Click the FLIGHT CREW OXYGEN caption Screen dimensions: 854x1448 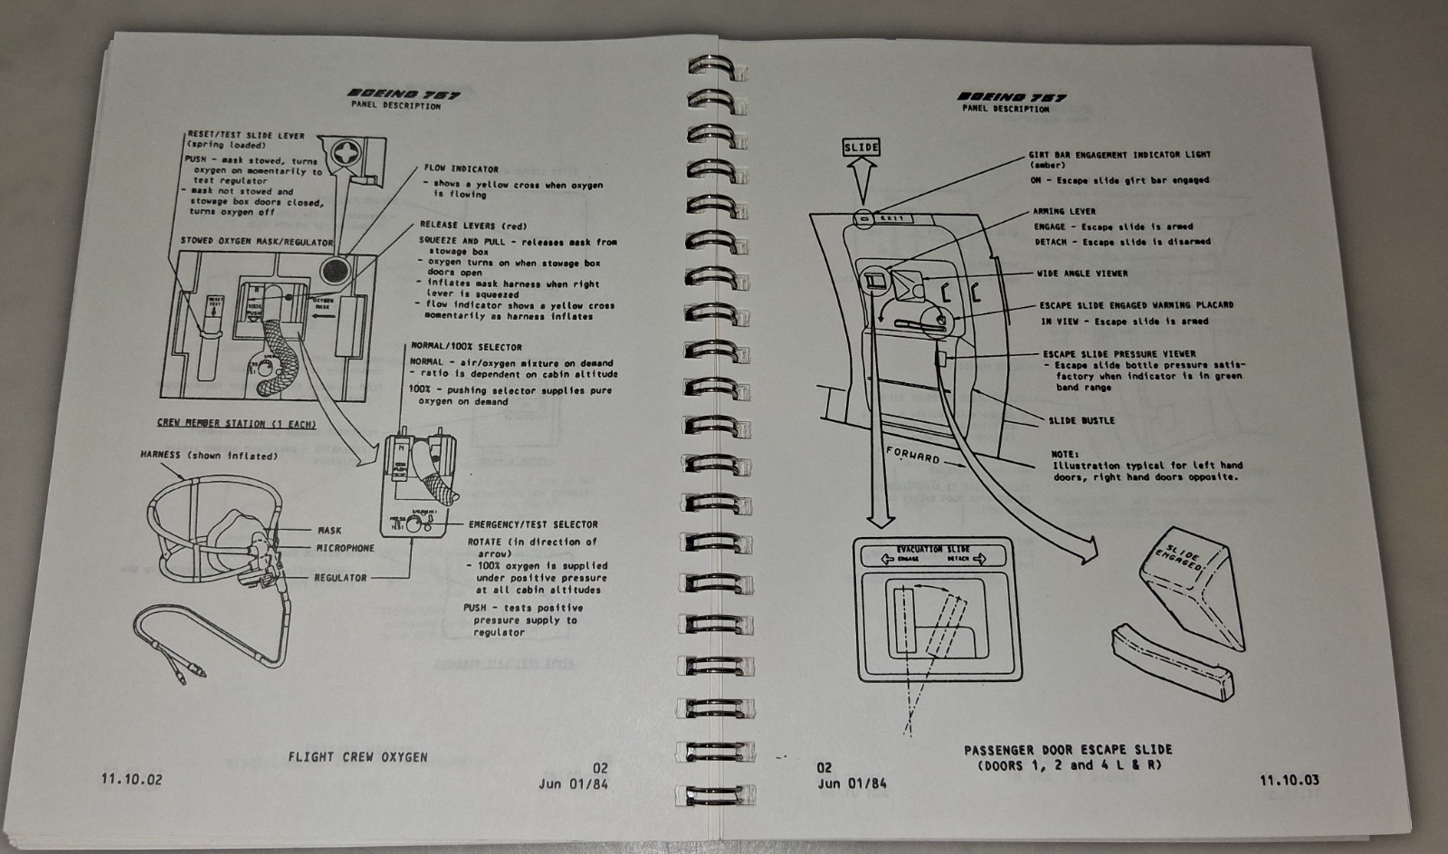(x=357, y=756)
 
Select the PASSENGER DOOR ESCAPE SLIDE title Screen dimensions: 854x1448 (x=1068, y=749)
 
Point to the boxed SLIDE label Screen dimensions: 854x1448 (x=861, y=147)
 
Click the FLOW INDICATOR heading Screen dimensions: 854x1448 (x=461, y=168)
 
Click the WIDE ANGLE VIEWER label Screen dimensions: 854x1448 (x=1082, y=273)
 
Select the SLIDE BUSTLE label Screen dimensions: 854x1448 (x=1081, y=420)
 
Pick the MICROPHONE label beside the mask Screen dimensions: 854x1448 (x=345, y=548)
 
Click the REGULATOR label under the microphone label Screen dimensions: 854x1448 (x=340, y=577)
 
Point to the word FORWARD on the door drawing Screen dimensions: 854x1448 (x=912, y=455)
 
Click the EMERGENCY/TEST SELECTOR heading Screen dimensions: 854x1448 (x=532, y=524)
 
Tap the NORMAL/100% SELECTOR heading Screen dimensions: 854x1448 (x=466, y=347)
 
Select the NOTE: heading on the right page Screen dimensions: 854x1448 (x=1064, y=454)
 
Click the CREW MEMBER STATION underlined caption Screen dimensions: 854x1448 (x=236, y=423)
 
